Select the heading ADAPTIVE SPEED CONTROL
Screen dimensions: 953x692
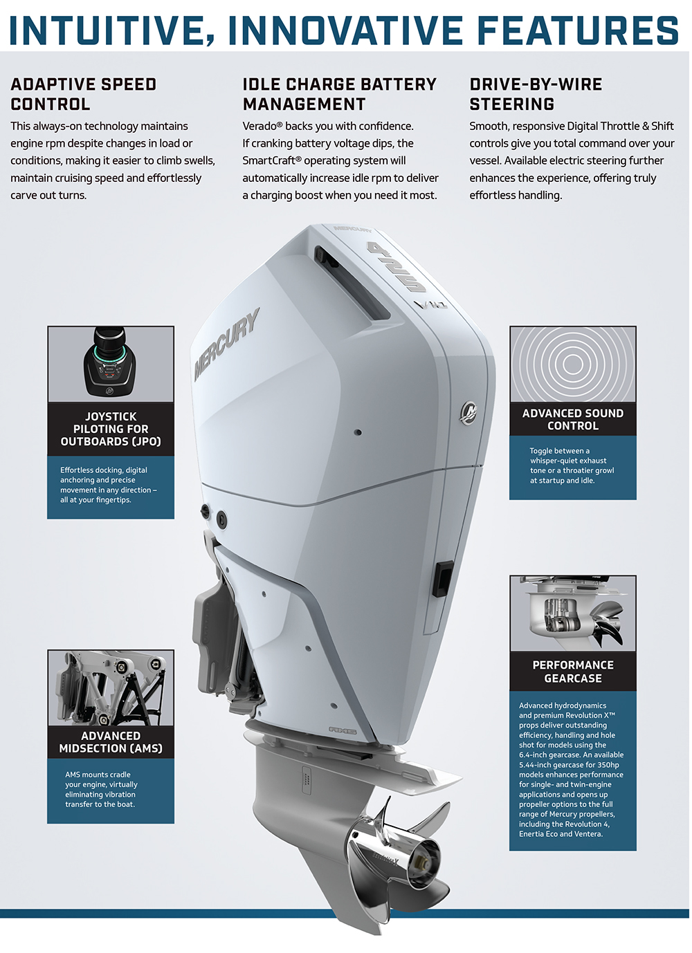point(83,94)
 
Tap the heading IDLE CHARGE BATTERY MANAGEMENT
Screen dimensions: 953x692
point(339,94)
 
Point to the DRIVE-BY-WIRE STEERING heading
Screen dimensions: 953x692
point(536,94)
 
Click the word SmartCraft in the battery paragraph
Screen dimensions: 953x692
point(268,160)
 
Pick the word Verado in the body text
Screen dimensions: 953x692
point(259,126)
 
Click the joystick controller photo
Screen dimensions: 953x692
point(111,364)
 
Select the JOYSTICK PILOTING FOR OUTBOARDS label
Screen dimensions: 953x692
point(111,429)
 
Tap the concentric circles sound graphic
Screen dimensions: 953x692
point(573,364)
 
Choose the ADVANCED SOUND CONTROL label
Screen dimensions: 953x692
point(573,419)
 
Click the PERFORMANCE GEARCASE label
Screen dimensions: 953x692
point(573,672)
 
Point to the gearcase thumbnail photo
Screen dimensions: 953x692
point(573,613)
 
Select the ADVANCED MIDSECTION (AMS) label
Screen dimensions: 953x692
point(111,742)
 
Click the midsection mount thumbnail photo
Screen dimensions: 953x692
point(111,687)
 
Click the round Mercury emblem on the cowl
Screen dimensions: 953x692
point(469,412)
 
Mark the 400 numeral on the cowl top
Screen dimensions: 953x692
point(396,266)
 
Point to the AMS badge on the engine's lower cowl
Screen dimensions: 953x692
point(343,730)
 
